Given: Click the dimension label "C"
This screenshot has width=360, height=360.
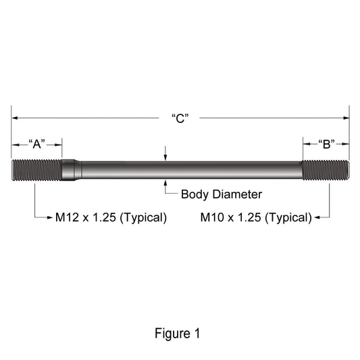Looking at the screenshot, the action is point(180,118).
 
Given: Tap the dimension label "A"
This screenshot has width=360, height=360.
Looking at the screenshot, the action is point(36,144).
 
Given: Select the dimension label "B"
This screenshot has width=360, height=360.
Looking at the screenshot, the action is point(326,144).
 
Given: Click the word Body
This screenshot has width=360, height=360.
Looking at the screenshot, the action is point(195,195).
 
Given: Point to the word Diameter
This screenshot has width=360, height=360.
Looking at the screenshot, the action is point(237,195).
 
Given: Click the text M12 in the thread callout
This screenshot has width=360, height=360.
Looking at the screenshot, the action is point(68,217).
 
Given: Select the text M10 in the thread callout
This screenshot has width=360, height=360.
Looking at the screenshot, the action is point(212,217).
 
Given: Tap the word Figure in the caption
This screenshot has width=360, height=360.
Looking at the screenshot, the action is point(173,334).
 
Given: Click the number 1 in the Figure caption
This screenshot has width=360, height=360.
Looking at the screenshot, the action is point(197,333).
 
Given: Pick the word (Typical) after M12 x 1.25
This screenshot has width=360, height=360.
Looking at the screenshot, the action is point(143,217).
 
